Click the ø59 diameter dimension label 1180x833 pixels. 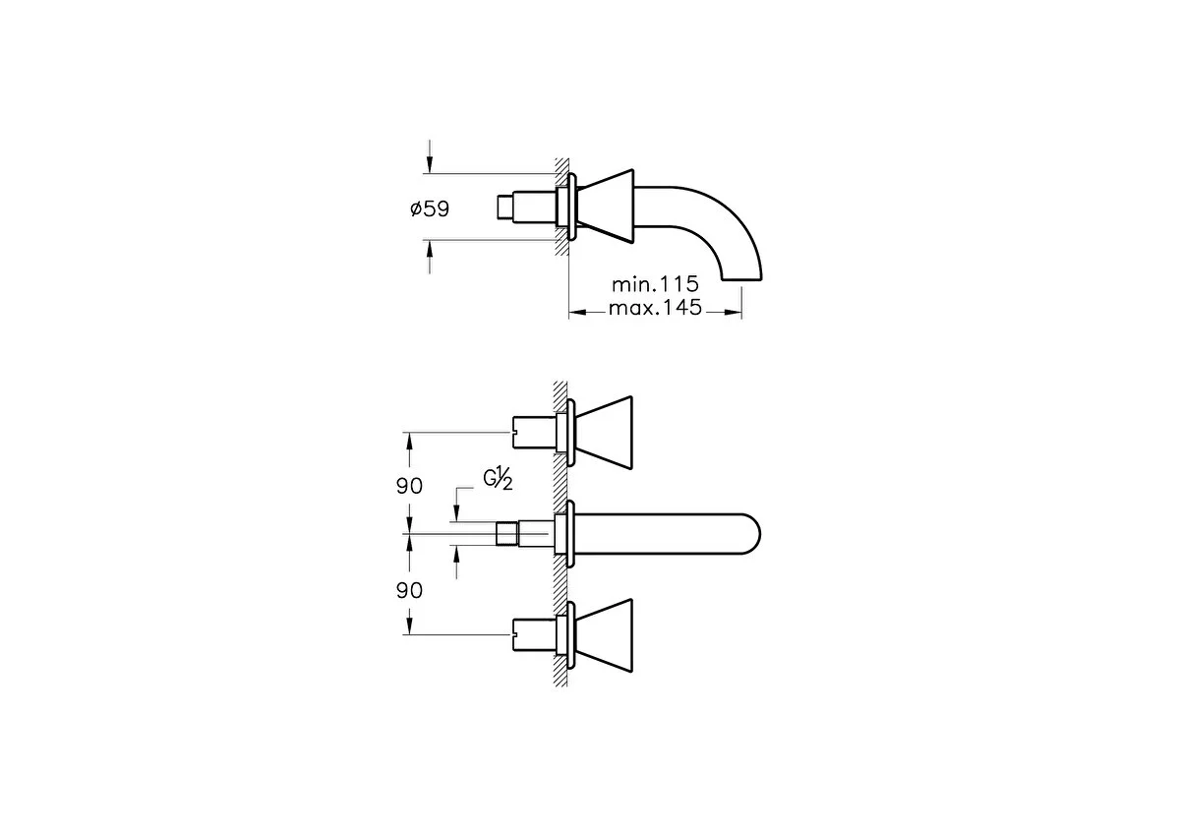pos(430,209)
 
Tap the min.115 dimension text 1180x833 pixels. pos(655,284)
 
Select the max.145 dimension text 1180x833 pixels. pos(655,307)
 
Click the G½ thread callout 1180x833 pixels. pos(498,480)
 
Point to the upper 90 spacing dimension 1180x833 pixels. pos(409,486)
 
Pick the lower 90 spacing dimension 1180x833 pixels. pos(409,591)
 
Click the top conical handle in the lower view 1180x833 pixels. pos(604,433)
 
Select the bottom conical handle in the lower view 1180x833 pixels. pos(604,635)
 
